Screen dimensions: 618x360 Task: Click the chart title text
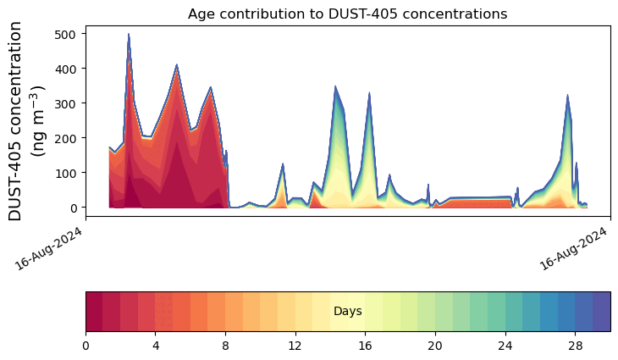tap(347, 14)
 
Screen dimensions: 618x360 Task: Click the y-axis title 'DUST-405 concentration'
tap(15, 121)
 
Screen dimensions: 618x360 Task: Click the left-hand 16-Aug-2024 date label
tap(49, 249)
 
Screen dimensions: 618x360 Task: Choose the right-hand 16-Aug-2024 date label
tap(573, 249)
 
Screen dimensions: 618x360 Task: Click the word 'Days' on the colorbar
tap(348, 311)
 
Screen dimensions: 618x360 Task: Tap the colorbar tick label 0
tap(86, 346)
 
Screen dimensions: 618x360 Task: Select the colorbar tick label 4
tap(156, 346)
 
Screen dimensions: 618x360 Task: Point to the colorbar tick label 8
tap(225, 346)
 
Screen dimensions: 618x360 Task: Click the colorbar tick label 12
tap(295, 346)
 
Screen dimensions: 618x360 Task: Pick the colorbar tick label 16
tap(366, 346)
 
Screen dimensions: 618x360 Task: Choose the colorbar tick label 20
tap(435, 346)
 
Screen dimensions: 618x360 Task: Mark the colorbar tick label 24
tap(505, 346)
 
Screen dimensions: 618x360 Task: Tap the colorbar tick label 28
tap(576, 346)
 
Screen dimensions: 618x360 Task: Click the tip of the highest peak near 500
tap(129, 34)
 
